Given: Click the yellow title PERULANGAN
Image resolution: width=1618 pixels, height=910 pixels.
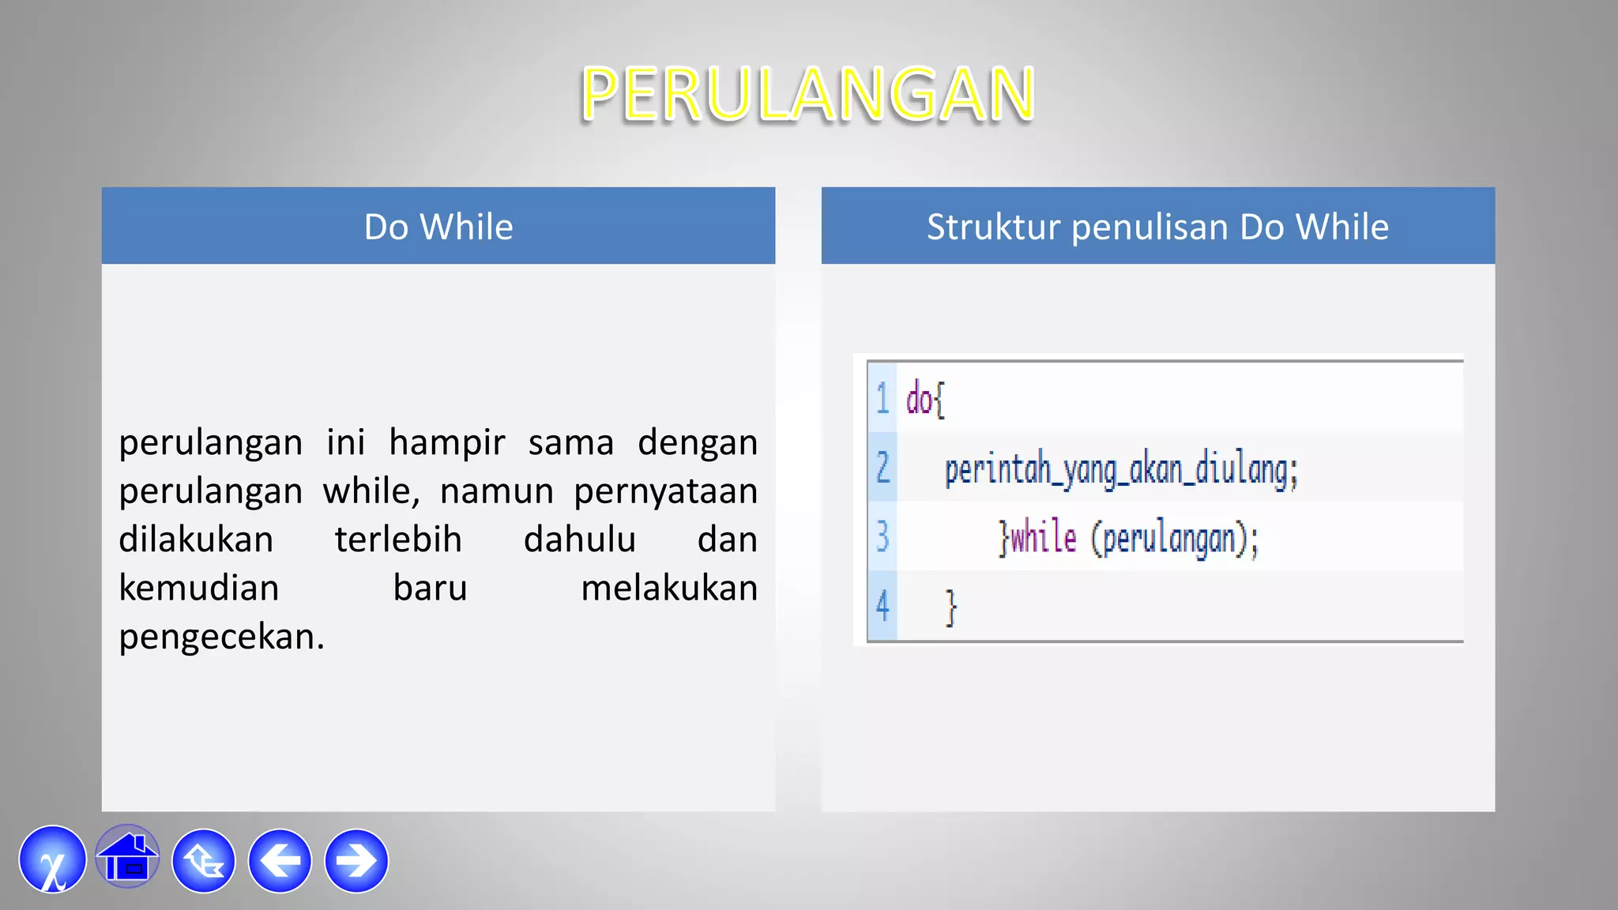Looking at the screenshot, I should [807, 95].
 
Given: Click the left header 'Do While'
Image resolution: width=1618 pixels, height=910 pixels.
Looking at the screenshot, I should [438, 227].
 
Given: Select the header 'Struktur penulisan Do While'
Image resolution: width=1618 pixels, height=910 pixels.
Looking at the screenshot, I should [1157, 227].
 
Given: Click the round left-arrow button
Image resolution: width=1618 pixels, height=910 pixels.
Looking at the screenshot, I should [280, 861].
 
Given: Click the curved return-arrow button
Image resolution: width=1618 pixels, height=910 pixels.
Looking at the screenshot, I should [204, 861].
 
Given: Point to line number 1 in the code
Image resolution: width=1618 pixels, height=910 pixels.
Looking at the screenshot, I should [882, 398].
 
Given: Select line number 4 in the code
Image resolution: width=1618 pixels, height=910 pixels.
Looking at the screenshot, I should [882, 607].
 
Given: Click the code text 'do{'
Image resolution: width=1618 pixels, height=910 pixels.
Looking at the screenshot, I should [925, 399].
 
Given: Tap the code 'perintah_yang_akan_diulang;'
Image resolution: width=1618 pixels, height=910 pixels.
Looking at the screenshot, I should [1121, 470].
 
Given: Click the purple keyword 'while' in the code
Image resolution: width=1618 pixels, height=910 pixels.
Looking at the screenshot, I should [1044, 539].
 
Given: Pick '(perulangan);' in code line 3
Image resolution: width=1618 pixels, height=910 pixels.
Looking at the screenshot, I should [1175, 540].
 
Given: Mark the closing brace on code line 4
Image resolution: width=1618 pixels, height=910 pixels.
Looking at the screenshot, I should [951, 607].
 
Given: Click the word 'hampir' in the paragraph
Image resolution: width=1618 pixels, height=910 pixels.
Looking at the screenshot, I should [446, 442].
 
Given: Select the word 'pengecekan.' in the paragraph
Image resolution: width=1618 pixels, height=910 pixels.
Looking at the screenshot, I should [221, 637].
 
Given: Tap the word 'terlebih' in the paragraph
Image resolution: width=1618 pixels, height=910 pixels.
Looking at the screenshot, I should [398, 540].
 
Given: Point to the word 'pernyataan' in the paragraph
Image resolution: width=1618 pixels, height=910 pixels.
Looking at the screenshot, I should [665, 491].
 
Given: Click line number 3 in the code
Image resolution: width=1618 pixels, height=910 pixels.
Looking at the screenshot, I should [882, 537].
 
